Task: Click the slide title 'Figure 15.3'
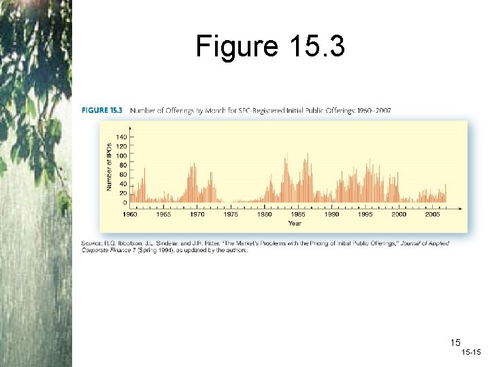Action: pos(270,46)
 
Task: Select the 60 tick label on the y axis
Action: pos(122,175)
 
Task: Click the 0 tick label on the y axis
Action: pos(125,203)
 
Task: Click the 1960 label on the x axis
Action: pos(130,214)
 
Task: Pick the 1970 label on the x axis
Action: pos(197,214)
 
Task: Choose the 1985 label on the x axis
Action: pos(298,214)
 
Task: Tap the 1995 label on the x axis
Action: pos(365,214)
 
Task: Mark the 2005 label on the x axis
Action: pos(433,214)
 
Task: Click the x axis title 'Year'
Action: pos(295,223)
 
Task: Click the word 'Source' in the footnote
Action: pos(92,243)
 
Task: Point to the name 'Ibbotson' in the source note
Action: pos(128,243)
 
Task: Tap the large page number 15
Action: pos(455,343)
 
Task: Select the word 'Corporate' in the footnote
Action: pos(96,250)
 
